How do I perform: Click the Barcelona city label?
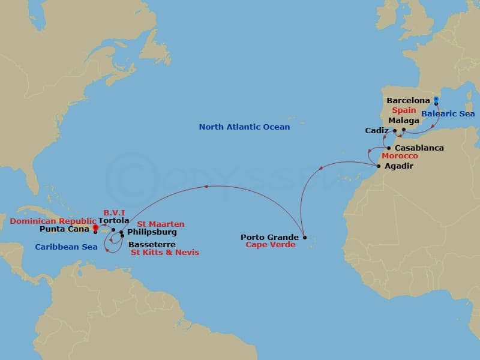pos(408,101)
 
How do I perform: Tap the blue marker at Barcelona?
pos(436,99)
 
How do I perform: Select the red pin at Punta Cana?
pos(95,227)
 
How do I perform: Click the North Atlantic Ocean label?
pos(244,127)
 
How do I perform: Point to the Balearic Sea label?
pos(448,114)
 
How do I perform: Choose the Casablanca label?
pos(419,148)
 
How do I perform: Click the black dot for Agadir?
pos(379,166)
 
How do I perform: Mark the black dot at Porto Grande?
pos(305,238)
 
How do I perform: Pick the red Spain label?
pos(404,110)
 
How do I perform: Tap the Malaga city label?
pos(404,121)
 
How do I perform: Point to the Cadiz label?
pos(377,130)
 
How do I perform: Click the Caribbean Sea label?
pos(66,247)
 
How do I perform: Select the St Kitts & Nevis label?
pos(165,253)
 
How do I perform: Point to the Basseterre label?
pos(152,244)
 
